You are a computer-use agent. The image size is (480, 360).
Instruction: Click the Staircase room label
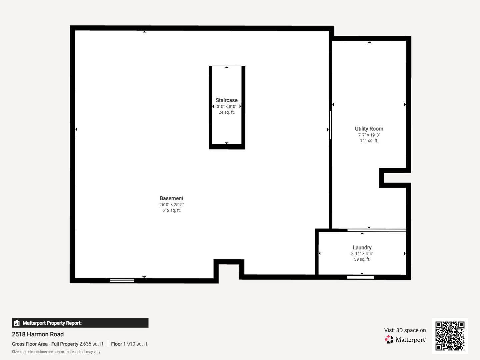(227, 100)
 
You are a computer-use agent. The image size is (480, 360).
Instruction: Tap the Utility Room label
(369, 129)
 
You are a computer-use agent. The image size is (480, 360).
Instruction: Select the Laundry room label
(362, 247)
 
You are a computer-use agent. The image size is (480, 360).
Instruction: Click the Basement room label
(171, 198)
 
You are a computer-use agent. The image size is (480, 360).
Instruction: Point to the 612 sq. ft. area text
(171, 210)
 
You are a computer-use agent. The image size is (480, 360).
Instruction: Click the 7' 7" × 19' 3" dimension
(369, 135)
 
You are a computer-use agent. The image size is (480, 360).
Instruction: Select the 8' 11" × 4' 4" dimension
(362, 254)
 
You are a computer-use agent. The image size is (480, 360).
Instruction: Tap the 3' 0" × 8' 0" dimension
(227, 106)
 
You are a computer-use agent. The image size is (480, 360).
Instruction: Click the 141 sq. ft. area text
(369, 141)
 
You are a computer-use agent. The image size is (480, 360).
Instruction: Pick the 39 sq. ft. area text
(362, 259)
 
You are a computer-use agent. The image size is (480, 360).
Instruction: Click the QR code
(450, 336)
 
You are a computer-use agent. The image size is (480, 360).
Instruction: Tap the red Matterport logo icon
(389, 339)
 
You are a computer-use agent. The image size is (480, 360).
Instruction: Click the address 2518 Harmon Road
(38, 334)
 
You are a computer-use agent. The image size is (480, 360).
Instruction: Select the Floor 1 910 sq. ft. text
(130, 344)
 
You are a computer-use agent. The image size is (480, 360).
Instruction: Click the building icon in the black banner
(17, 323)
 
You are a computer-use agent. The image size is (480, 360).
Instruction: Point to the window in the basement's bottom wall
(122, 281)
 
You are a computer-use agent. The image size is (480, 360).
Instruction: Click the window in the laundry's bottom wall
(360, 277)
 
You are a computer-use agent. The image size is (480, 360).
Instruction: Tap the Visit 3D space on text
(405, 330)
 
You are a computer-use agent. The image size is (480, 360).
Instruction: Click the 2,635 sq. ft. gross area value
(92, 344)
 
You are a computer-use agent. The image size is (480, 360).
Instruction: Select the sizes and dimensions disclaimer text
(56, 352)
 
